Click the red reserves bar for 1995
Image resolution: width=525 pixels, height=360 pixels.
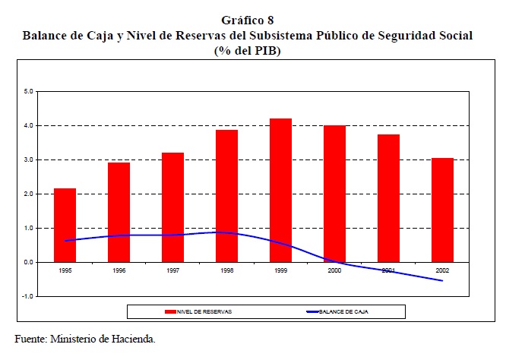65,225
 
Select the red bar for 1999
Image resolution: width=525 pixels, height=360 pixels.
280,190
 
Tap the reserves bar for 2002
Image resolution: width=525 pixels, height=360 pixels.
442,210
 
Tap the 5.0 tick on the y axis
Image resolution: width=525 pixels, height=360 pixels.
29,91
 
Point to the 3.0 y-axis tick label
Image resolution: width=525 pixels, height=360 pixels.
29,159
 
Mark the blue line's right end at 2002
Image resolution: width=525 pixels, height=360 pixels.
442,281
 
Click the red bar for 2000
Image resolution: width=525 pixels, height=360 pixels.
334,194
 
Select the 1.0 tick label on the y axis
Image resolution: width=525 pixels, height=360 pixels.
29,228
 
